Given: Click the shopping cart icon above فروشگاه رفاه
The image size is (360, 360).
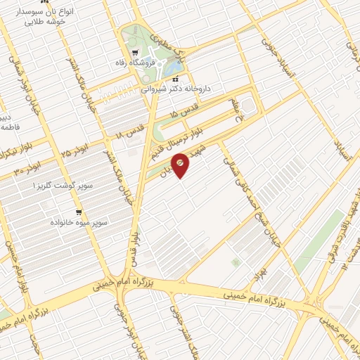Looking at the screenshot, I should tap(136, 51).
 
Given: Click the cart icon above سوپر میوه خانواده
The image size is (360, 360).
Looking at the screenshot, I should tap(79, 211).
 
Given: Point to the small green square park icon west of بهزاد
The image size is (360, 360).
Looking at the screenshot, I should tap(236, 262).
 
